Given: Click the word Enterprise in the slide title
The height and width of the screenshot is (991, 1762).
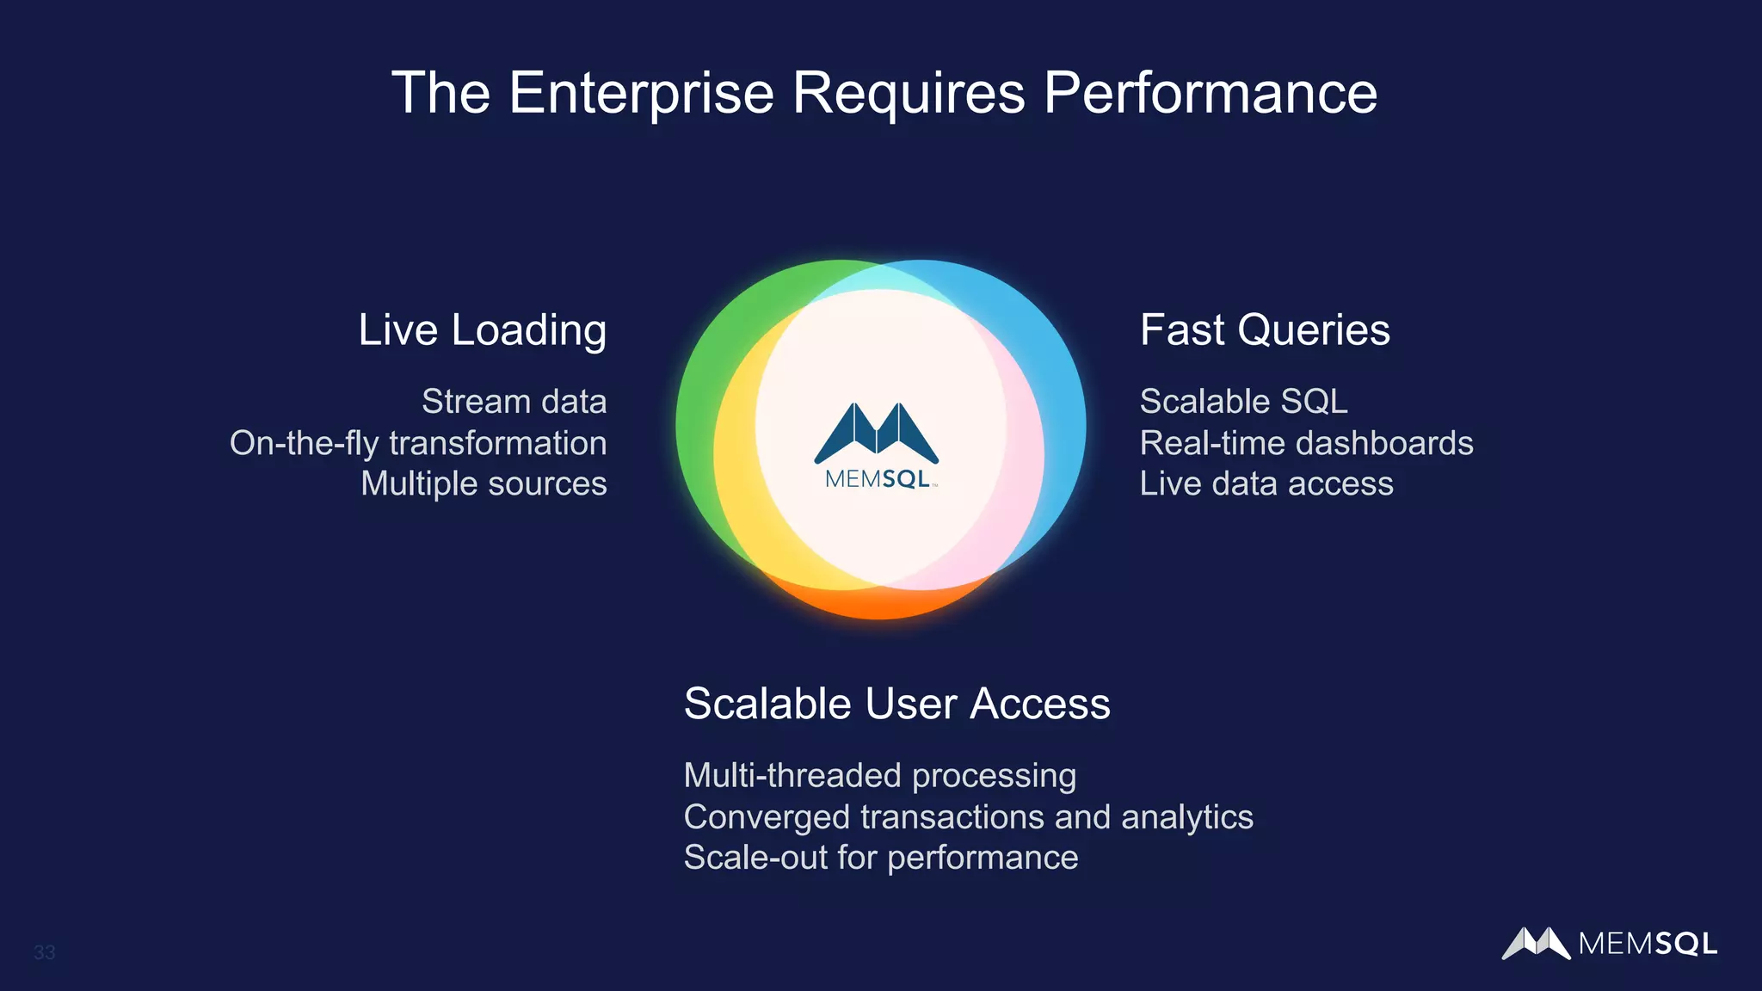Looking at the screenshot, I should pyautogui.click(x=641, y=93).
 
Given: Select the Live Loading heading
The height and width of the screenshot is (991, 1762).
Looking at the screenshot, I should pyautogui.click(x=482, y=330).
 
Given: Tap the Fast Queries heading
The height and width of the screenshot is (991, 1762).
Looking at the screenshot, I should pyautogui.click(x=1265, y=330).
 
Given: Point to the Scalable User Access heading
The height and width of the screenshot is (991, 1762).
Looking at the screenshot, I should pyautogui.click(x=896, y=704).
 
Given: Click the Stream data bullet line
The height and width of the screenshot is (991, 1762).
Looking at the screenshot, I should pyautogui.click(x=514, y=402).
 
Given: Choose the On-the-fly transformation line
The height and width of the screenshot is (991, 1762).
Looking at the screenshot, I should pyautogui.click(x=418, y=443).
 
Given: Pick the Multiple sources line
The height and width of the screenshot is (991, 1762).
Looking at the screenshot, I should pyautogui.click(x=484, y=483).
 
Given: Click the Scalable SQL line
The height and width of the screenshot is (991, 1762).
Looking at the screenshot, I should pyautogui.click(x=1243, y=402).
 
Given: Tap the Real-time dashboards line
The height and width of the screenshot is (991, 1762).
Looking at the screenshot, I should pyautogui.click(x=1306, y=443).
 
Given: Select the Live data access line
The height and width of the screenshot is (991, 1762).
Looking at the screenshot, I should pyautogui.click(x=1266, y=483).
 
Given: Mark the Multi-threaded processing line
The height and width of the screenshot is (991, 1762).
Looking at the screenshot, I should pyautogui.click(x=879, y=776).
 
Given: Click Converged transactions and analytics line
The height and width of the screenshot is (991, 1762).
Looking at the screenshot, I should pyautogui.click(x=968, y=817).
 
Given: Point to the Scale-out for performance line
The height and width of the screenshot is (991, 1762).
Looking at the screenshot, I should pyautogui.click(x=880, y=858).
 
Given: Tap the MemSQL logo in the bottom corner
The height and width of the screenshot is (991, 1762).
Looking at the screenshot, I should pyautogui.click(x=1609, y=944).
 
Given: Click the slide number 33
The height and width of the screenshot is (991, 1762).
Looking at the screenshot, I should pyautogui.click(x=45, y=952).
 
